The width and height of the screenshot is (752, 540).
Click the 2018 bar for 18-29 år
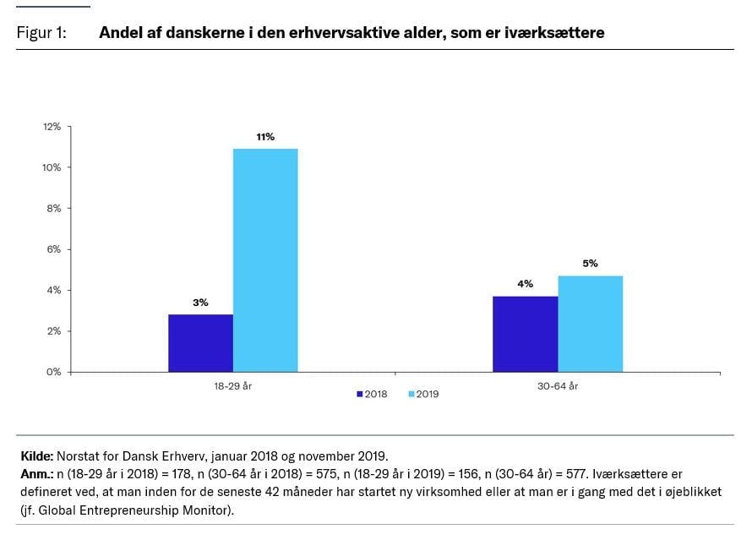pos(200,343)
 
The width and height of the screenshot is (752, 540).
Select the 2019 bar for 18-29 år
pos(265,260)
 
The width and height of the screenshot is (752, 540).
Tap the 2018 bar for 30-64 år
pos(525,334)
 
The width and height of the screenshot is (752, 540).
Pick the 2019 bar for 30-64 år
pos(590,324)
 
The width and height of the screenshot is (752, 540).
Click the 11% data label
pos(265,137)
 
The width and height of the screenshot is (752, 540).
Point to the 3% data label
pos(200,303)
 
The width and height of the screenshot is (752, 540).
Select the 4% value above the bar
pos(525,284)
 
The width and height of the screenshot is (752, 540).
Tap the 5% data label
pos(590,264)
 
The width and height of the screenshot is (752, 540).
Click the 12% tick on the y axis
pos(52,127)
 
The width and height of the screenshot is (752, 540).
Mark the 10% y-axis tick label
pos(52,167)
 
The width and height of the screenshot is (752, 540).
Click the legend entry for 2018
pos(373,394)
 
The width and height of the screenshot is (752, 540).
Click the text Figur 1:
pos(41,33)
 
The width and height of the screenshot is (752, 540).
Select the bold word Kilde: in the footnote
pos(36,455)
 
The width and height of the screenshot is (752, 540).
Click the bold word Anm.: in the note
pos(36,473)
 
